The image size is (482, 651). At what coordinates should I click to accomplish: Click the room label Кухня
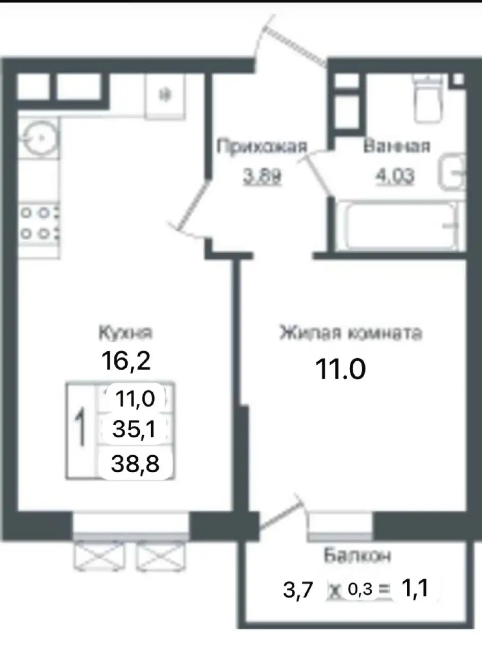(x=125, y=333)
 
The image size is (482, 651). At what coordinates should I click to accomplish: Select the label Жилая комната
(x=350, y=334)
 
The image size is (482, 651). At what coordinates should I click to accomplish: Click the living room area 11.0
(x=341, y=370)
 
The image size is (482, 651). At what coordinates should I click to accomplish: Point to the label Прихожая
(x=262, y=147)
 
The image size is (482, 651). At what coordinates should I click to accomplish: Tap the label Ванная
(x=397, y=146)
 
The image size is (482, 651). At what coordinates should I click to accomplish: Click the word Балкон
(x=357, y=556)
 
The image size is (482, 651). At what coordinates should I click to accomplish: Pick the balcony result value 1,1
(x=414, y=589)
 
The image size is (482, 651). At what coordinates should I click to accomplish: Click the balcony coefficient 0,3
(x=360, y=589)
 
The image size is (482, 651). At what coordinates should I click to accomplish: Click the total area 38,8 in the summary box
(x=135, y=463)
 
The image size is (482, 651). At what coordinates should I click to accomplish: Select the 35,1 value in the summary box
(x=135, y=430)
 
